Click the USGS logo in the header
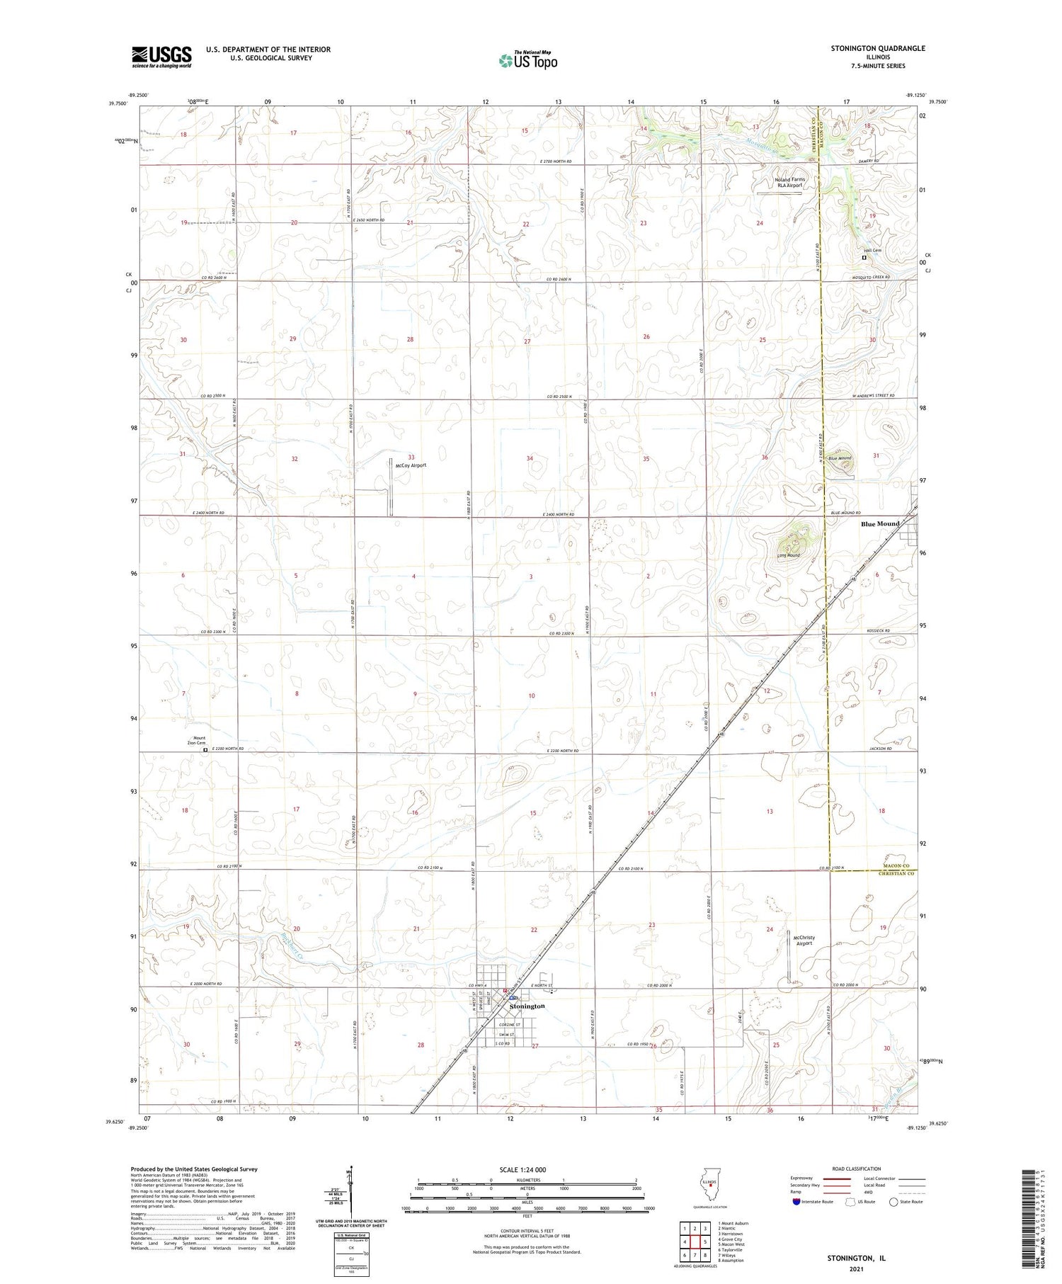pyautogui.click(x=161, y=57)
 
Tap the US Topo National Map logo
pyautogui.click(x=528, y=61)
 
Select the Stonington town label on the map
pyautogui.click(x=527, y=1006)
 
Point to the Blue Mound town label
pyautogui.click(x=880, y=524)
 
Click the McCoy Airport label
pyautogui.click(x=411, y=465)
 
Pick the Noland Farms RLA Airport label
pyautogui.click(x=789, y=183)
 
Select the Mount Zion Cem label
pyautogui.click(x=196, y=740)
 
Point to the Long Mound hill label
pyautogui.click(x=788, y=555)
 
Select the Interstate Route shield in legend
pyautogui.click(x=796, y=1202)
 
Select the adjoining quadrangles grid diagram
pyautogui.click(x=695, y=1242)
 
